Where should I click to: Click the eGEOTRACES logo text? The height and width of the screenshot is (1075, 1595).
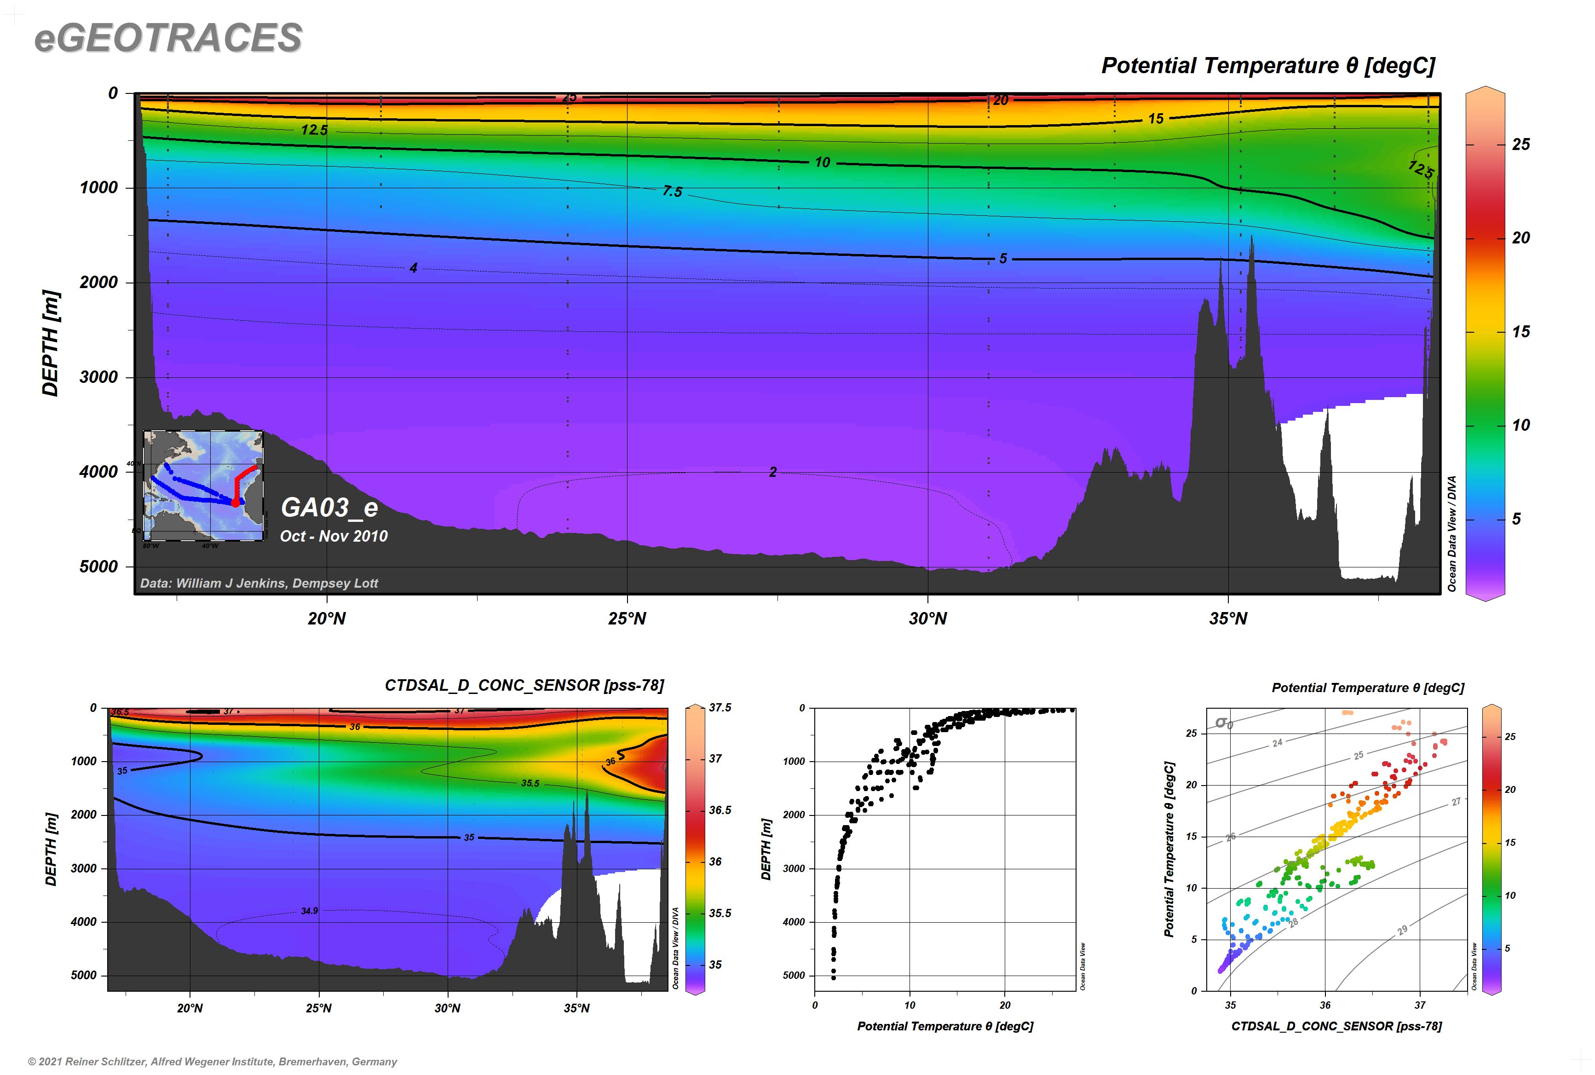(x=168, y=38)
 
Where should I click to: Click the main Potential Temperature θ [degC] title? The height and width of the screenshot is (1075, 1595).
(x=1267, y=66)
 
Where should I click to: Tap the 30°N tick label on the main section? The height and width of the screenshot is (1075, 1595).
(x=927, y=618)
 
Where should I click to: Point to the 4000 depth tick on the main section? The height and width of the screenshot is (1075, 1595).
(x=99, y=472)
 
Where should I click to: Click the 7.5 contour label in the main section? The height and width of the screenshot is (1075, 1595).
(x=672, y=191)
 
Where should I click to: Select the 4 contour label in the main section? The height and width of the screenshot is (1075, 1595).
(x=413, y=268)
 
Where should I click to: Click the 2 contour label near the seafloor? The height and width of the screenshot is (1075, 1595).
(x=772, y=472)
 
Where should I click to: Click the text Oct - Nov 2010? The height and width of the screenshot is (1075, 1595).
(x=334, y=536)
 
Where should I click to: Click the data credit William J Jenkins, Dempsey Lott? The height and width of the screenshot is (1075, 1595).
(x=259, y=584)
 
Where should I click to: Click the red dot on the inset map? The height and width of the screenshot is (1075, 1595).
(x=235, y=503)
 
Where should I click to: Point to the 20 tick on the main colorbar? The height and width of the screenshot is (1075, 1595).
(x=1520, y=238)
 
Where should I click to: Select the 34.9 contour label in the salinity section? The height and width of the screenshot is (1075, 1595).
(x=309, y=911)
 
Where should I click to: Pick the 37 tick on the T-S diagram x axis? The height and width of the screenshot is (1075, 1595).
(x=1420, y=1005)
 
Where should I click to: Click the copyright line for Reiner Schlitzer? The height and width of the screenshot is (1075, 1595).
(x=213, y=1061)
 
